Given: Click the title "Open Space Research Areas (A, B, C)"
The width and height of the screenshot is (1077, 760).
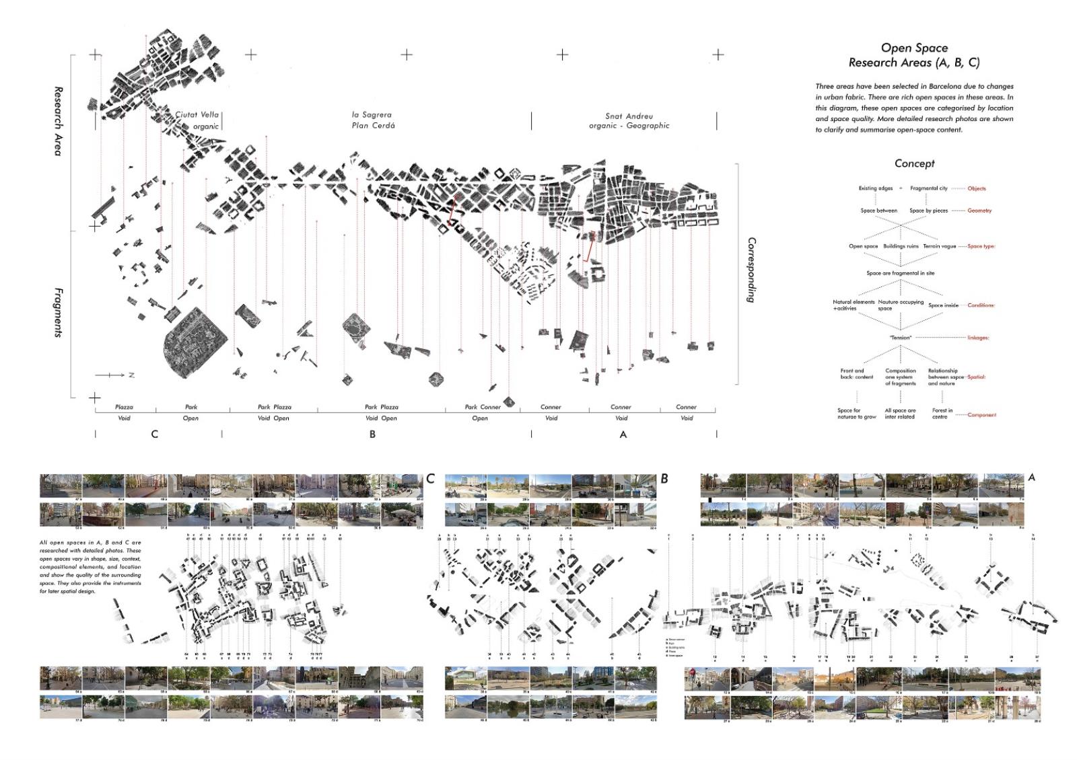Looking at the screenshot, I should tap(914, 55).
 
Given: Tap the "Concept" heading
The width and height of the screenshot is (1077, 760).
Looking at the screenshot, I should tap(914, 163).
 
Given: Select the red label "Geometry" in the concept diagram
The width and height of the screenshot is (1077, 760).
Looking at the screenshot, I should tap(979, 211).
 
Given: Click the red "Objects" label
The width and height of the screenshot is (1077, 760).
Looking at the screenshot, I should tap(976, 188).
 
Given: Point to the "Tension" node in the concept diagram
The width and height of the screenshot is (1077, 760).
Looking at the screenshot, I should tap(900, 338).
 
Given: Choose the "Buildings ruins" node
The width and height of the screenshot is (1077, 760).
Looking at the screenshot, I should tap(901, 246).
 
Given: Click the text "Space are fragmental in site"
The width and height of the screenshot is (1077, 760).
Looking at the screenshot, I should tap(900, 273).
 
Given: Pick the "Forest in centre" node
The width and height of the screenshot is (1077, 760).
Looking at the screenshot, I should tap(942, 414).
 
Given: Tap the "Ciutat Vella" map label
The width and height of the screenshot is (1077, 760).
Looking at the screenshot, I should tap(197, 115).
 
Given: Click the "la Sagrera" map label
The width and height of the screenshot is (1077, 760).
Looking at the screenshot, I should tap(372, 115).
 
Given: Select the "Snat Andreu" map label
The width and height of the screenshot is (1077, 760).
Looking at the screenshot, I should tap(629, 116).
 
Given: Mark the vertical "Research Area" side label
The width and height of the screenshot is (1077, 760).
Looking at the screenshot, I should tap(58, 121).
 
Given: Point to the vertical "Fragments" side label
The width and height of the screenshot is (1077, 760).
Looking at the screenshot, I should tap(58, 312).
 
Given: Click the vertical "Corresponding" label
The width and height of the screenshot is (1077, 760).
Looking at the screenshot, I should tap(752, 270).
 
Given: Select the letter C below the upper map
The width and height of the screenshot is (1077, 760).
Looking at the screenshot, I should tap(154, 434).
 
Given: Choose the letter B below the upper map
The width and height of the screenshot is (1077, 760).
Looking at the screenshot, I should tap(372, 434).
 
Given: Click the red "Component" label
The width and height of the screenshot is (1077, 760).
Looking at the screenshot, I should tap(981, 415).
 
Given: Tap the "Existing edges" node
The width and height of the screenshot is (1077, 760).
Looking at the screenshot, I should tap(875, 188).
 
